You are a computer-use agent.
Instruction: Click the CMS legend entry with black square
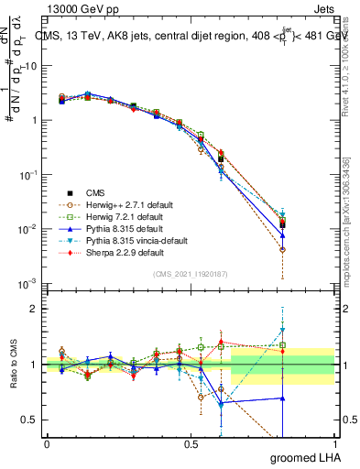pyautogui.click(x=95, y=192)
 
